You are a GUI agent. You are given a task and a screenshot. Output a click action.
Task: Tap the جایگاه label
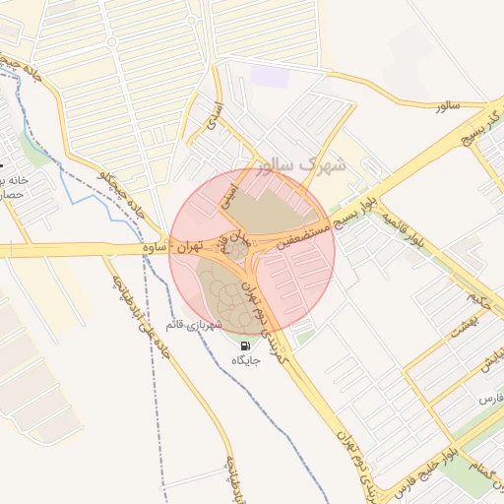pos(244,362)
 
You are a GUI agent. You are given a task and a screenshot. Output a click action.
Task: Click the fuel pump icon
pos(244,346)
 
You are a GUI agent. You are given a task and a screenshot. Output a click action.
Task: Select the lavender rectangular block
pos(269,75)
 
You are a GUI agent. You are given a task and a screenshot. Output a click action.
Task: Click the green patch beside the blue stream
pos(36,153)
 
